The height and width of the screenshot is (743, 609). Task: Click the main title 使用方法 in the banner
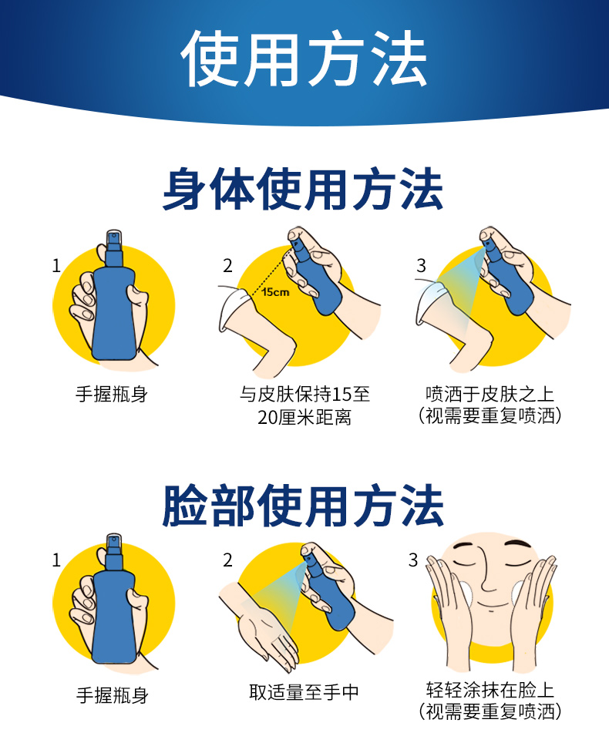tap(304, 59)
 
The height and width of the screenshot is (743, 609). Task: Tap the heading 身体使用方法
tap(303, 189)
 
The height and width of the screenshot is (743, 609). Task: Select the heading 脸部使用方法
tap(303, 506)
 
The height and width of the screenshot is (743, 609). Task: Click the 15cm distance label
tap(275, 292)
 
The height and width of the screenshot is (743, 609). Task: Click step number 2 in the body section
tap(227, 266)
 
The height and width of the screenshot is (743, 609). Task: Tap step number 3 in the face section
tap(413, 560)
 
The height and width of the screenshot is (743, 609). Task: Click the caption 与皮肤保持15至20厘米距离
tap(304, 406)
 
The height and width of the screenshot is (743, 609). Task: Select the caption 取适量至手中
tap(304, 692)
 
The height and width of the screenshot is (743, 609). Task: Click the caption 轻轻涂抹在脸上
tap(490, 690)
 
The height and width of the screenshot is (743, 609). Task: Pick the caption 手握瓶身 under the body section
tap(112, 395)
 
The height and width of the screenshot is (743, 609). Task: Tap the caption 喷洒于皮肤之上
tap(490, 395)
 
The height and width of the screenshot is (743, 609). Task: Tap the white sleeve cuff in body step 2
tap(232, 308)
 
